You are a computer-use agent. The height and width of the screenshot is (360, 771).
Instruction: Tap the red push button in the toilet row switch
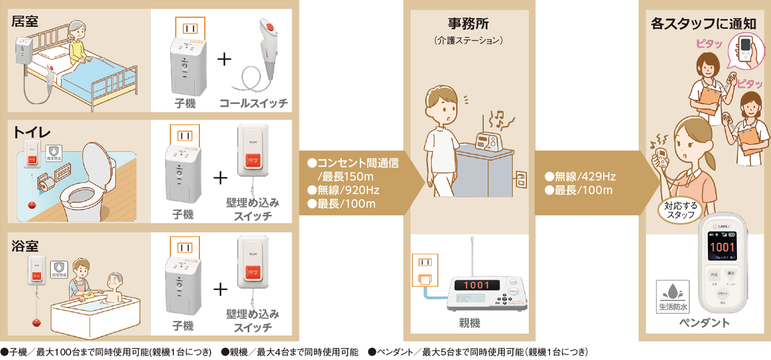coord(251,159)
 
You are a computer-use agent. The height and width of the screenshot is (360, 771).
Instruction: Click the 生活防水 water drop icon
coord(671,290)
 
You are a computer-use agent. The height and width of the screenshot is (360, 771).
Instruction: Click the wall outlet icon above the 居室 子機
coord(188,28)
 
